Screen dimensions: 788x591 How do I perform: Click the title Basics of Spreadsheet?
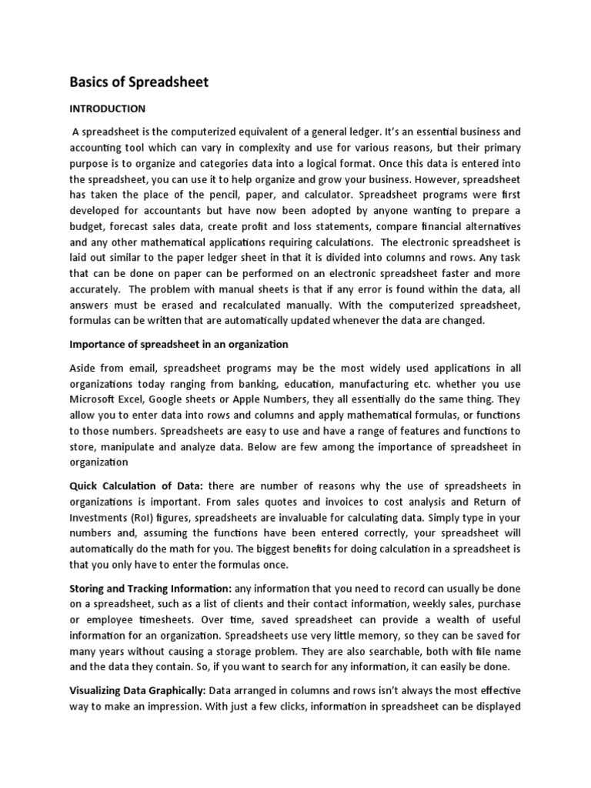(x=139, y=82)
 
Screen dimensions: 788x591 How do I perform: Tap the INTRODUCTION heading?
(x=107, y=109)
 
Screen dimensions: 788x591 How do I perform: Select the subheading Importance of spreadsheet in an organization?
(x=179, y=344)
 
